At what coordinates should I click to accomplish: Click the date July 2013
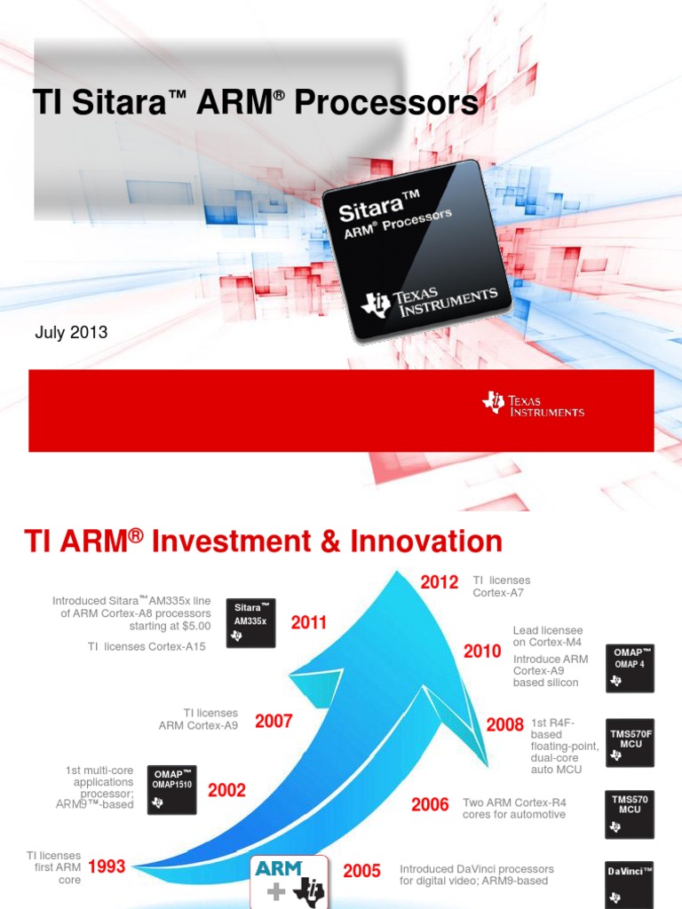point(71,333)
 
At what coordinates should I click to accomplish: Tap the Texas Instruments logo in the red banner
point(533,404)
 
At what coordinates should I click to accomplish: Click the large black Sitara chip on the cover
point(417,251)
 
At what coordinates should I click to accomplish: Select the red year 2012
point(439,582)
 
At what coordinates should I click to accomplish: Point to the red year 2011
point(309,623)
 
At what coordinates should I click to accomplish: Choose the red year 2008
point(504,725)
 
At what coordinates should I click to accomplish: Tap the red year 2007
point(274,722)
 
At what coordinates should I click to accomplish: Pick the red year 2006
point(430,805)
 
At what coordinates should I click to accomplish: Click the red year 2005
point(361,871)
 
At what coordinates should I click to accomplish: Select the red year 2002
point(226,790)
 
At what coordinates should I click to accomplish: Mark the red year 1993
point(107,867)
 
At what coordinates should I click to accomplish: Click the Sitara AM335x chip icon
point(250,622)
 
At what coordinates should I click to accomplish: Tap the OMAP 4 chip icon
point(630,668)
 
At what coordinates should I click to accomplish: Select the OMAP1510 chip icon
point(171,790)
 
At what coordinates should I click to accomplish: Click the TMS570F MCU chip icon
point(630,742)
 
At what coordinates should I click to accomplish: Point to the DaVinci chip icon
point(630,883)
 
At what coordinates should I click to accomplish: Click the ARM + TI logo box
point(289,881)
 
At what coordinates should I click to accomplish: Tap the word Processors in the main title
point(385,104)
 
